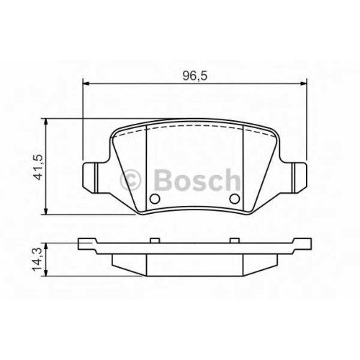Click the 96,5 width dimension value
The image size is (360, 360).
(x=194, y=76)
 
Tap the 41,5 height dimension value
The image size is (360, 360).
(x=38, y=167)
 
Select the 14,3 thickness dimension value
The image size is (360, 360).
(x=37, y=260)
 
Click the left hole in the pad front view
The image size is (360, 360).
(x=155, y=198)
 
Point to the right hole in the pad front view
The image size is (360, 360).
(x=235, y=198)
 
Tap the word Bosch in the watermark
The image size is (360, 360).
(x=197, y=179)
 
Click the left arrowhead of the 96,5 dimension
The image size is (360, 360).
(x=86, y=84)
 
